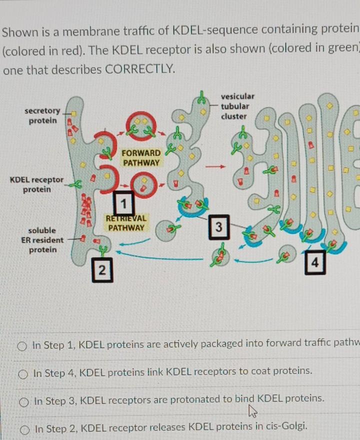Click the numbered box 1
[123, 202]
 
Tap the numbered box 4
[314, 263]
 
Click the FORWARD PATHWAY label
[141, 158]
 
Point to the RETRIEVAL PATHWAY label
[126, 223]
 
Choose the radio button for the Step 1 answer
[22, 345]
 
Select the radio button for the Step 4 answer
[22, 373]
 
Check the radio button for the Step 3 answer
[22, 401]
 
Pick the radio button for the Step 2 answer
[22, 429]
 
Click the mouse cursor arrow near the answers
[251, 411]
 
